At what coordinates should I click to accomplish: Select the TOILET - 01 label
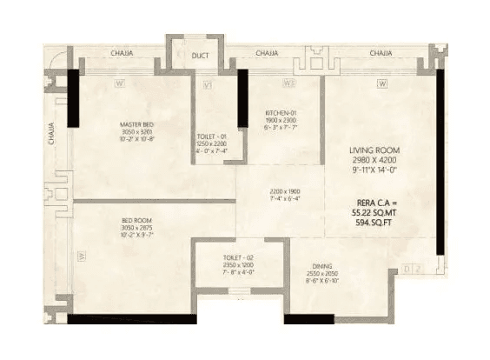[x=212, y=137]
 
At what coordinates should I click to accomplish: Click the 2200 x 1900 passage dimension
[x=280, y=190]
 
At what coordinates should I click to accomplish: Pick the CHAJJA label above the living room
[x=381, y=54]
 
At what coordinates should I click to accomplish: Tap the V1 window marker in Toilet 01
[x=208, y=84]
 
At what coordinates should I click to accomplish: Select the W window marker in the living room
[x=381, y=83]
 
